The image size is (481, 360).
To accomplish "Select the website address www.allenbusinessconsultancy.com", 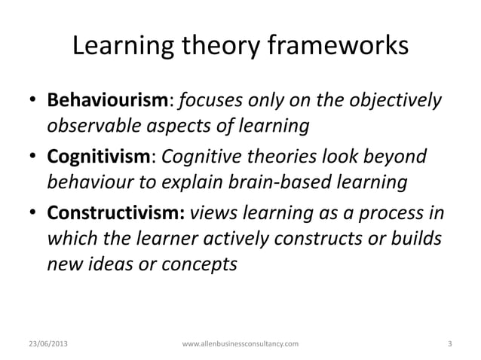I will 240,344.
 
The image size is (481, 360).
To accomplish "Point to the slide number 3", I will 449,344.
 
